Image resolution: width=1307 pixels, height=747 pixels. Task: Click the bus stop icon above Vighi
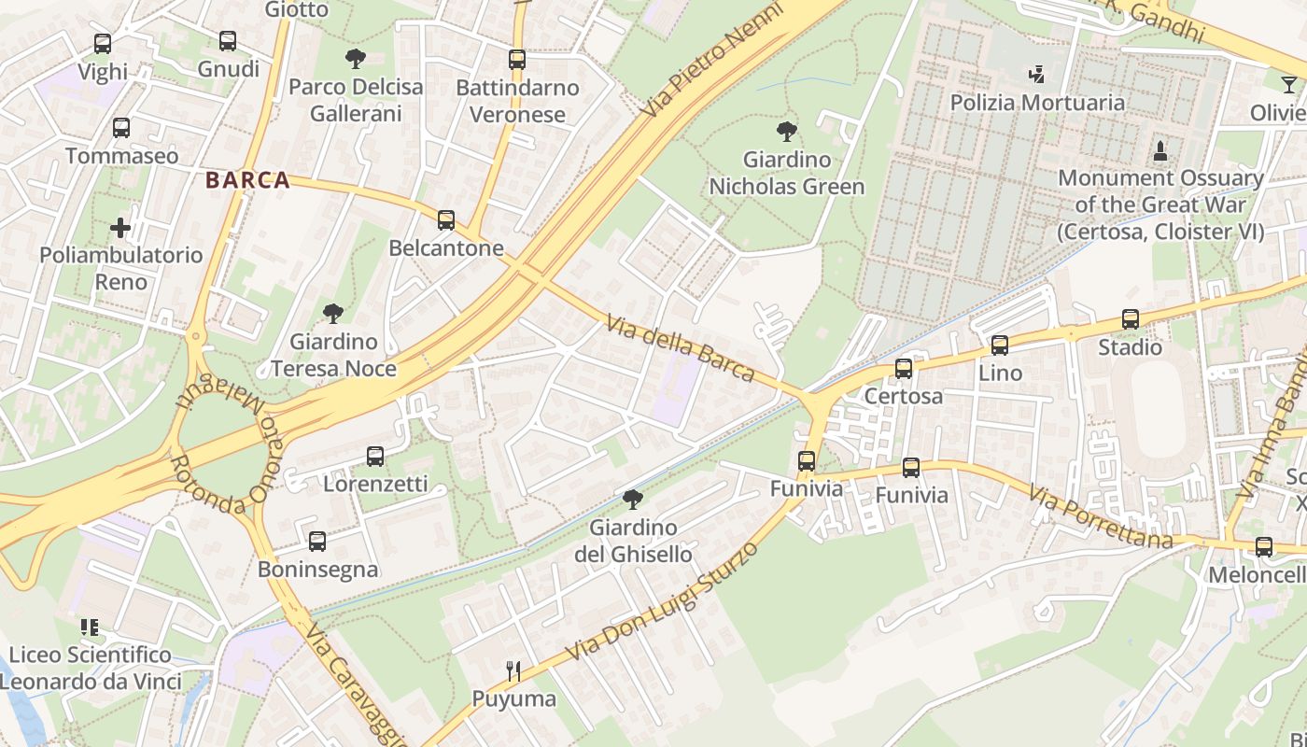tap(103, 43)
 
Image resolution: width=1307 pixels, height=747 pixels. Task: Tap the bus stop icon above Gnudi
tap(228, 41)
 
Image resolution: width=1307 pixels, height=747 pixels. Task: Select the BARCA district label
tap(247, 180)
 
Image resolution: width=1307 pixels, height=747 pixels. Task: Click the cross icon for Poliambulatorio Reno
tap(120, 227)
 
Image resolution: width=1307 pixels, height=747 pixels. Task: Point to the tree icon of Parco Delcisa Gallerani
tap(355, 59)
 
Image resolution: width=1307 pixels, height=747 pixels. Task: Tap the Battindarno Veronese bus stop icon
tap(517, 60)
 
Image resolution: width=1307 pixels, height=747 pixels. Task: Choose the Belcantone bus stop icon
tap(446, 220)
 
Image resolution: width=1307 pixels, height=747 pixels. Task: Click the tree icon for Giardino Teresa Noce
tap(332, 313)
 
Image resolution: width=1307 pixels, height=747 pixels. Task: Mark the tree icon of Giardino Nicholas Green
tap(787, 131)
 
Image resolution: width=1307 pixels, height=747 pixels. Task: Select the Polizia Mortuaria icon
tap(1036, 74)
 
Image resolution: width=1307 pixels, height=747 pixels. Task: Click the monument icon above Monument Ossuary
tap(1160, 149)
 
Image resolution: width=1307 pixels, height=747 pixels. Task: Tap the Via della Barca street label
tap(680, 349)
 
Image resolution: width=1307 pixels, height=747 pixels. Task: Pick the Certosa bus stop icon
tap(904, 368)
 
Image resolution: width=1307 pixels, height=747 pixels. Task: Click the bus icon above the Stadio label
tap(1131, 319)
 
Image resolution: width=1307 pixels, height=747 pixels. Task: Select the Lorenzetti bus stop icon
tap(375, 457)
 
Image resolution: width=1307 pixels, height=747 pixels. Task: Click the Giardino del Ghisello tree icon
tap(633, 500)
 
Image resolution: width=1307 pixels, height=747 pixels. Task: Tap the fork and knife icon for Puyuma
tap(513, 670)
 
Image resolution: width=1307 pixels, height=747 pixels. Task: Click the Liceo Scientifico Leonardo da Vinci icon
tap(90, 627)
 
